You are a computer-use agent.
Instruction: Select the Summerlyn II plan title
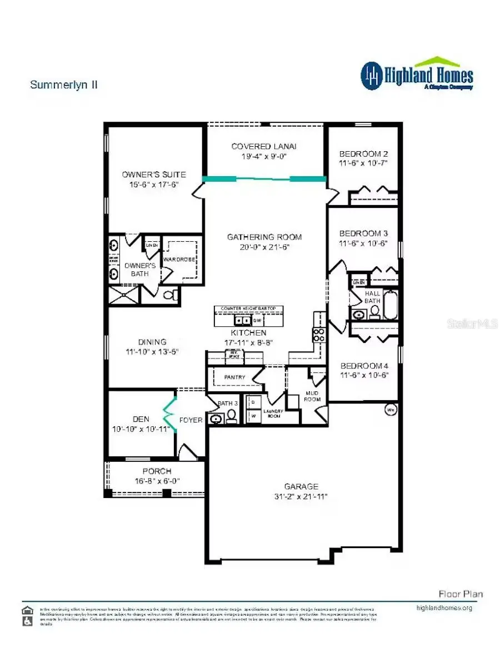coord(64,85)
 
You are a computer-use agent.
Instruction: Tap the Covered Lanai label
coord(264,146)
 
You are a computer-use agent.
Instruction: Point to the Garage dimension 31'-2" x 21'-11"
coord(302,496)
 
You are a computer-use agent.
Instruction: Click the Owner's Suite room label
coord(154,175)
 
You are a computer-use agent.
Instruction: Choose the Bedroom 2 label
coord(363,153)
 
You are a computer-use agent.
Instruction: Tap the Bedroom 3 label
coord(363,233)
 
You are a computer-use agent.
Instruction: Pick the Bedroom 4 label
coord(364,366)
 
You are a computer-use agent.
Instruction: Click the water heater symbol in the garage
coord(391,411)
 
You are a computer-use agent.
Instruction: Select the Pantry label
coord(234,377)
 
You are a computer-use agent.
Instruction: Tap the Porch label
coord(157,471)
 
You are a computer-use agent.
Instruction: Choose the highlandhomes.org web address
coord(444,608)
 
